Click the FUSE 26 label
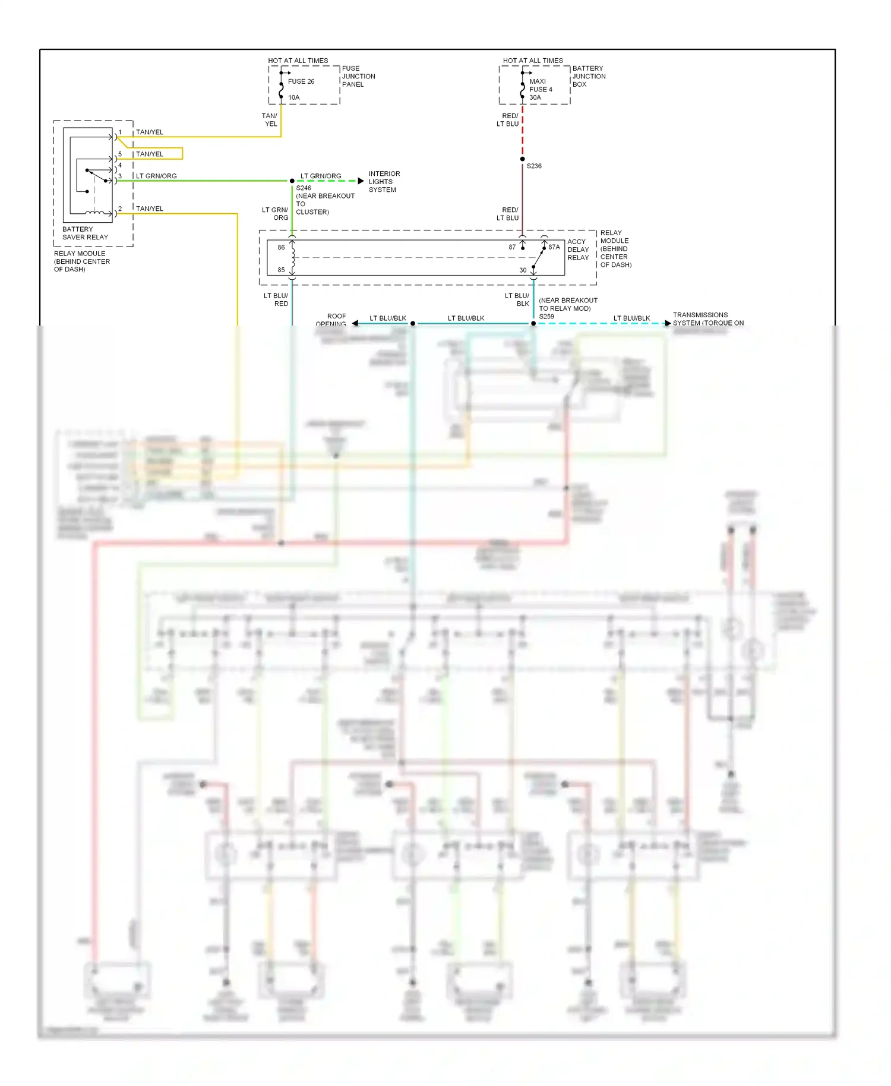pyautogui.click(x=301, y=81)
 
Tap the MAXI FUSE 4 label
pyautogui.click(x=541, y=86)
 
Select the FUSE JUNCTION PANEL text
pyautogui.click(x=358, y=77)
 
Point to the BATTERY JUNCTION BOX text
pyautogui.click(x=589, y=77)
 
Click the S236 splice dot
pyautogui.click(x=522, y=159)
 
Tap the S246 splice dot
pyautogui.click(x=292, y=181)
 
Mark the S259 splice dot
pyautogui.click(x=533, y=324)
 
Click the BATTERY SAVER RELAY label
pyautogui.click(x=85, y=233)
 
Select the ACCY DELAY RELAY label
pyautogui.click(x=577, y=250)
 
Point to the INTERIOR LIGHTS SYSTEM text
pyautogui.click(x=384, y=182)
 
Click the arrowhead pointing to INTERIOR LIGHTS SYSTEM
pyautogui.click(x=361, y=181)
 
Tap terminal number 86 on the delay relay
pyautogui.click(x=281, y=247)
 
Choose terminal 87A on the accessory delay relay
pyautogui.click(x=554, y=247)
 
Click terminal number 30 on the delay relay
pyautogui.click(x=523, y=270)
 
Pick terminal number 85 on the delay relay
pyautogui.click(x=281, y=270)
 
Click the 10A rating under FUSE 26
pyautogui.click(x=293, y=97)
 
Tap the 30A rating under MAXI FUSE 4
pyautogui.click(x=535, y=97)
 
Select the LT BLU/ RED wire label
pyautogui.click(x=276, y=299)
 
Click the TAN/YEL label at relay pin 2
pyautogui.click(x=149, y=209)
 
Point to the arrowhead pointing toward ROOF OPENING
pyautogui.click(x=355, y=323)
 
